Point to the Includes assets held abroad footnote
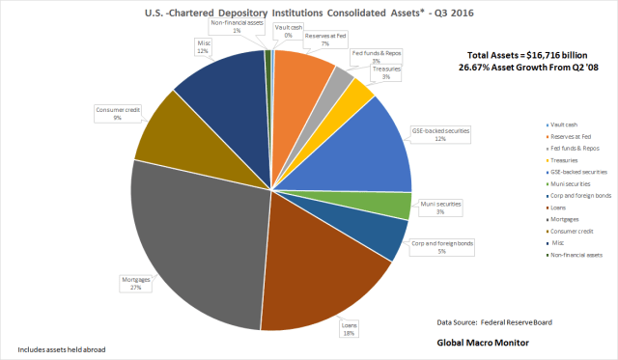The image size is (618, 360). click(x=61, y=348)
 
